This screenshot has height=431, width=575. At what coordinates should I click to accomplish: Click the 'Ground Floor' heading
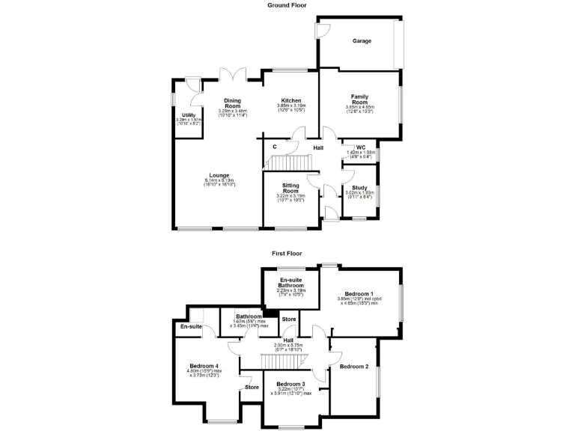[287, 5]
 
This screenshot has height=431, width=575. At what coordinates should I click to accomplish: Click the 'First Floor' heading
[287, 253]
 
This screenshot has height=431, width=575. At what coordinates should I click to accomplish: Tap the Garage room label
[362, 41]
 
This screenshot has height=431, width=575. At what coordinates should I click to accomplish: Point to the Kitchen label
[290, 100]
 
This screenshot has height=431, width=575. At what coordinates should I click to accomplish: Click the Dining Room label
[233, 103]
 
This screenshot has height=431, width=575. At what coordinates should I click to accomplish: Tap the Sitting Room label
[290, 187]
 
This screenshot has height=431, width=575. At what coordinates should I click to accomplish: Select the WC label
[360, 147]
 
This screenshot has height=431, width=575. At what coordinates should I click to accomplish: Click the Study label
[359, 188]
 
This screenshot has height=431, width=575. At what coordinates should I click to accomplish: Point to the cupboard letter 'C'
[275, 147]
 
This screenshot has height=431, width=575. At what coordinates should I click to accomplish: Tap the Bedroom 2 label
[354, 367]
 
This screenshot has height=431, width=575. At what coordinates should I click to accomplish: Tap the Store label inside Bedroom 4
[252, 387]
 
